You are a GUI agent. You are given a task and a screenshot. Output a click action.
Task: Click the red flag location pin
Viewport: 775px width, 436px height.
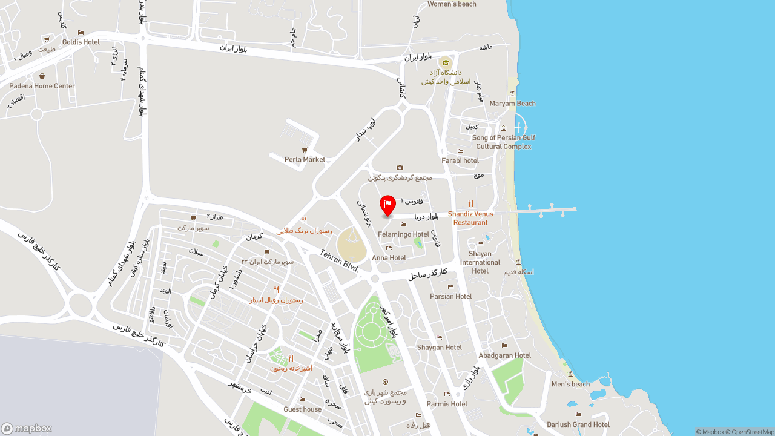click(387, 205)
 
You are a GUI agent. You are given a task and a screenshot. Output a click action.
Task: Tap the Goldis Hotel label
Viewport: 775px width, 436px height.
click(81, 42)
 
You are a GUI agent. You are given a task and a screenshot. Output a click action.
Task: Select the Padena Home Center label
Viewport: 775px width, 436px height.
click(42, 86)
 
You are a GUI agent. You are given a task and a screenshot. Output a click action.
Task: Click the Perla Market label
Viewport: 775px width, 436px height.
click(305, 160)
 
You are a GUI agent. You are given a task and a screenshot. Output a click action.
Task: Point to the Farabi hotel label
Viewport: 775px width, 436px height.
click(460, 160)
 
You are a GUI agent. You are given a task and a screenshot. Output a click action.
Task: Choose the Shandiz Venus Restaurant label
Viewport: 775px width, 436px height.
click(470, 218)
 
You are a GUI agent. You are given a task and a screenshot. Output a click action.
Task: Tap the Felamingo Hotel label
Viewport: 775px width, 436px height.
click(403, 234)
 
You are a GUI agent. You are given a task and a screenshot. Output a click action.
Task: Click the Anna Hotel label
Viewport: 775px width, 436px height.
click(389, 257)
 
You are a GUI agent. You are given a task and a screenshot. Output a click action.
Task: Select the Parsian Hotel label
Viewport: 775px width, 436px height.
click(450, 296)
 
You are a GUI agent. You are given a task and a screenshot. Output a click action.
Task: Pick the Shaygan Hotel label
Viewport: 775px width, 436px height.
click(439, 348)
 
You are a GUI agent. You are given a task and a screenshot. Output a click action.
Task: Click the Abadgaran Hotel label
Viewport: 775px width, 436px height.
click(504, 355)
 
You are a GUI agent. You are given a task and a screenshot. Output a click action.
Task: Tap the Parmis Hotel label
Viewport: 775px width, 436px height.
click(447, 404)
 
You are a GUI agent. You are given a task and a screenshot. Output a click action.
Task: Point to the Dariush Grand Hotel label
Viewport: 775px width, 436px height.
click(578, 424)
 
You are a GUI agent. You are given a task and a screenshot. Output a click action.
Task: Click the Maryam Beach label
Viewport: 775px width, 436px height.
click(512, 103)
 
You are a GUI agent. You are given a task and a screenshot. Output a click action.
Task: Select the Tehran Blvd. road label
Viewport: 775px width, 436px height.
click(339, 262)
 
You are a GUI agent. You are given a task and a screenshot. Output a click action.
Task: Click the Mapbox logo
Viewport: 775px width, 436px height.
click(27, 428)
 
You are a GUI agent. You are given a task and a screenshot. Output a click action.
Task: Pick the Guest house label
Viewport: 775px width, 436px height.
click(303, 409)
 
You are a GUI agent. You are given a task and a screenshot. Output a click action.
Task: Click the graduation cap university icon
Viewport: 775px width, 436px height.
click(446, 62)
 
